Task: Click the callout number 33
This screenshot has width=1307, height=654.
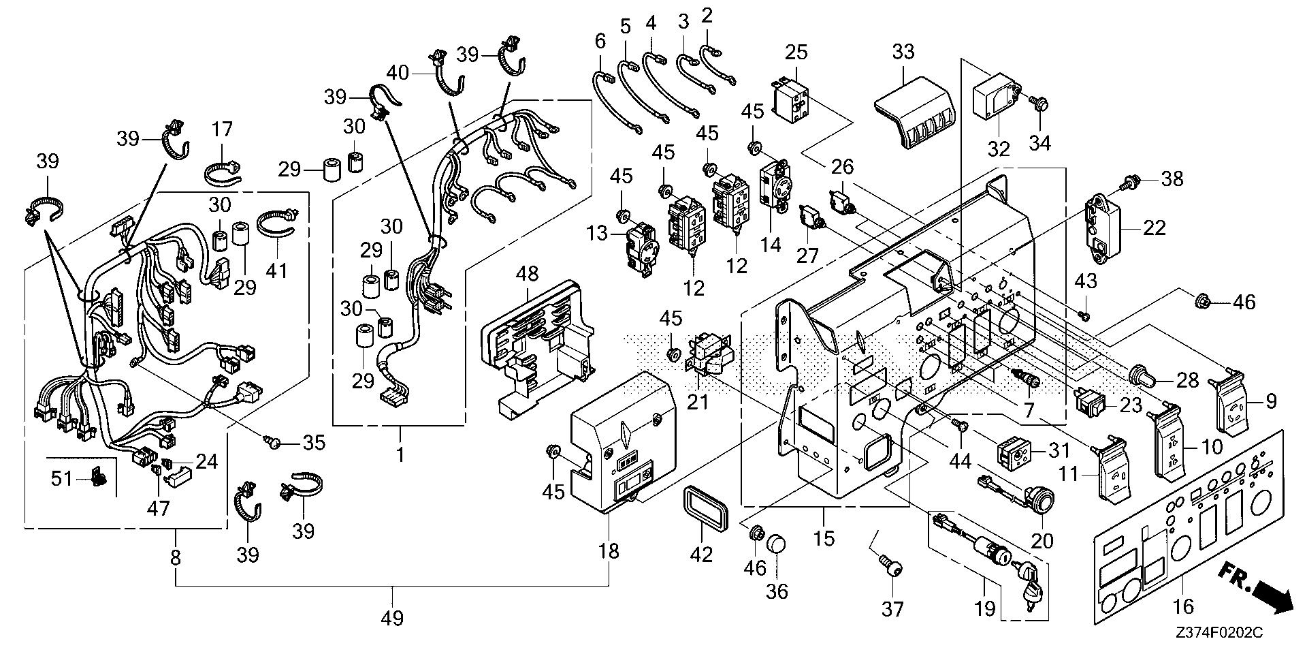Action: [903, 52]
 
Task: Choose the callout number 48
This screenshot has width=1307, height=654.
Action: [527, 274]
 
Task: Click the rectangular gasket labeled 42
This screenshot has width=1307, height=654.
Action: [701, 507]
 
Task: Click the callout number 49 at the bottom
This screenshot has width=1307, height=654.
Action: [393, 619]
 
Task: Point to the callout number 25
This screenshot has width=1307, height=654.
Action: [796, 52]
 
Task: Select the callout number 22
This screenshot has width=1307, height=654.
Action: [1154, 228]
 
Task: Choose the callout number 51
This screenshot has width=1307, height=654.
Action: [62, 478]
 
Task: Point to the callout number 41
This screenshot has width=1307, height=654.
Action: [277, 270]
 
